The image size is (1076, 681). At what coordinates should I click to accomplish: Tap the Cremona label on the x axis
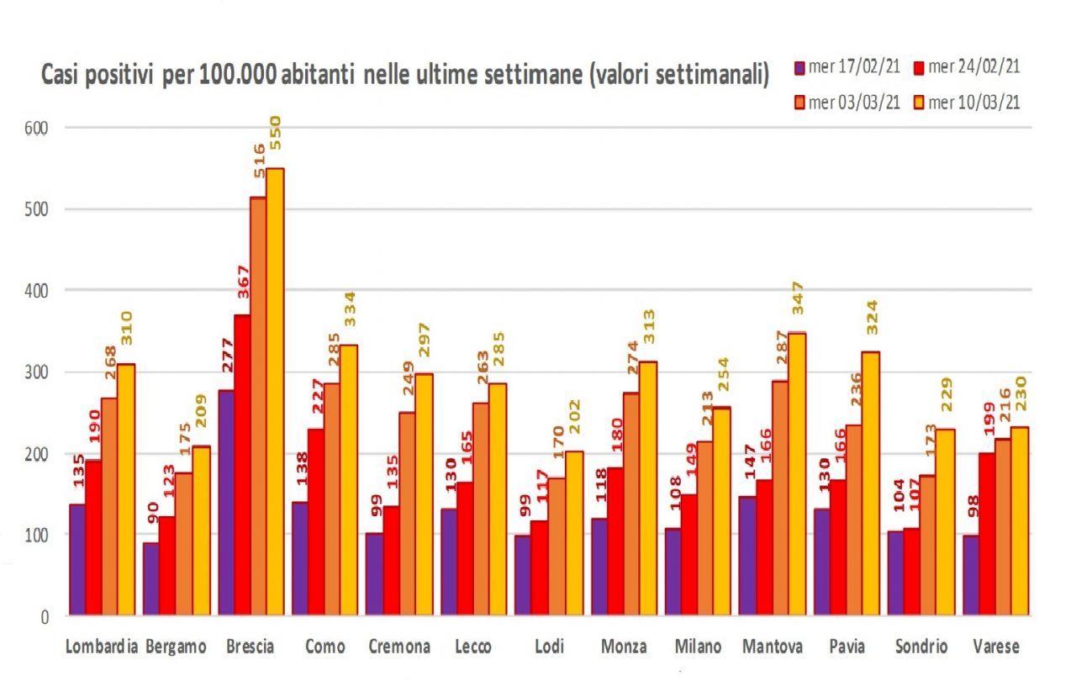pos(399,647)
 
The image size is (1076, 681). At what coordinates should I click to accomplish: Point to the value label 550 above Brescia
pos(275,133)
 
